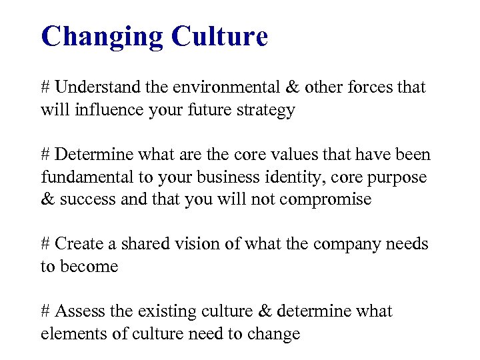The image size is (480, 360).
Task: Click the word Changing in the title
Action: point(102,37)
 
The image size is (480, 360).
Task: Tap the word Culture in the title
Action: point(219,36)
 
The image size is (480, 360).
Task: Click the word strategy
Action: point(267,111)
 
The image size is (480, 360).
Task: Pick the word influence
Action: point(109,109)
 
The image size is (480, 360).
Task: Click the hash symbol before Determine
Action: point(45,155)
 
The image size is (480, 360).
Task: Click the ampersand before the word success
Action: point(48,199)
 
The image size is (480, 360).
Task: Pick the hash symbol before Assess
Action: point(45,311)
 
